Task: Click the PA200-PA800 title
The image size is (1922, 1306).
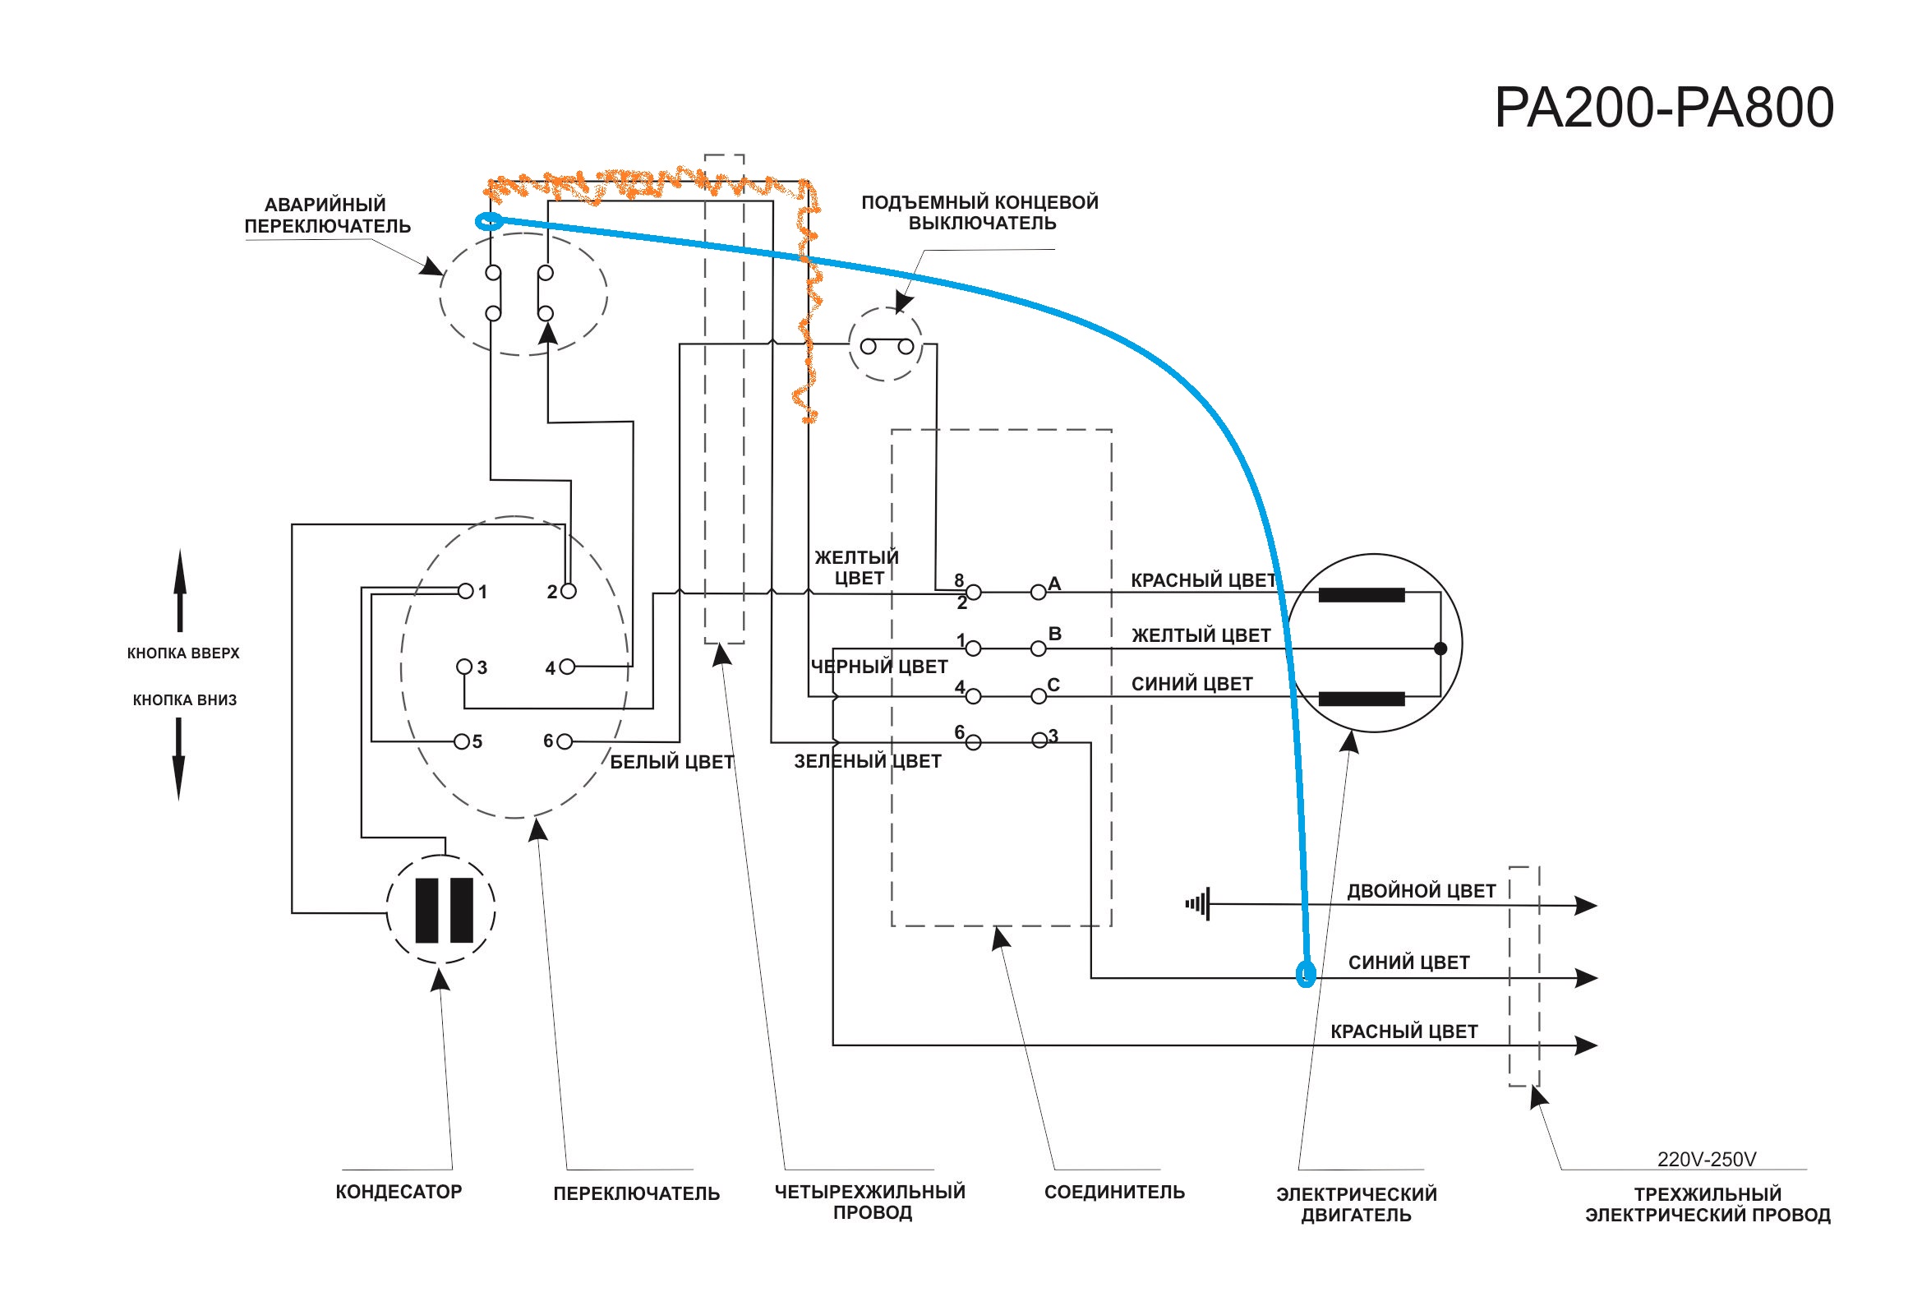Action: click(1663, 108)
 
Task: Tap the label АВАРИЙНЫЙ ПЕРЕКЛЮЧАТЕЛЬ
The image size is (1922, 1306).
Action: click(327, 215)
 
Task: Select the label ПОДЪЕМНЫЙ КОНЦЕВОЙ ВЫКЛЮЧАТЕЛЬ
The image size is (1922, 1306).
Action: click(980, 213)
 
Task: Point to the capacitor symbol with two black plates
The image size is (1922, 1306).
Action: click(441, 910)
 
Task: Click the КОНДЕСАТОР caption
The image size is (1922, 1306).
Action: click(398, 1192)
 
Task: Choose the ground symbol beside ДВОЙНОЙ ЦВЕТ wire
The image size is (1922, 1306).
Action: click(1198, 904)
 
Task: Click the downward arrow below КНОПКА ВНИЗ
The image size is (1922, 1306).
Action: click(178, 759)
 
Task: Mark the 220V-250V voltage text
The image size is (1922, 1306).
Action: click(1706, 1160)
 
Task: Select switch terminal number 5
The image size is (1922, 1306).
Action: click(462, 742)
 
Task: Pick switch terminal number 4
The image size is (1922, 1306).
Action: click(566, 667)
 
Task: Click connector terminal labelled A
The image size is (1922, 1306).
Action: click(1039, 593)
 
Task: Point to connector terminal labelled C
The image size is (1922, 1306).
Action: click(1039, 697)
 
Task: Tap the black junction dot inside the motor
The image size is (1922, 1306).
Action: click(1440, 648)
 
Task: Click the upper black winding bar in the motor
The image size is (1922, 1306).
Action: click(1362, 595)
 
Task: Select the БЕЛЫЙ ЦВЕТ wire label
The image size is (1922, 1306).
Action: click(671, 762)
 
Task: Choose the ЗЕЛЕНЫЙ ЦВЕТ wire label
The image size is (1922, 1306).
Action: click(868, 761)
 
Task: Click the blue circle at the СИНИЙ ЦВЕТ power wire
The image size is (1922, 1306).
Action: click(1305, 973)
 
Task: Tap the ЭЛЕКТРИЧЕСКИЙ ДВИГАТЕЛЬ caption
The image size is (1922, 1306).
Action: click(1357, 1204)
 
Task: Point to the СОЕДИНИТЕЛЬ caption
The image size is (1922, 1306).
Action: click(1114, 1192)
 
